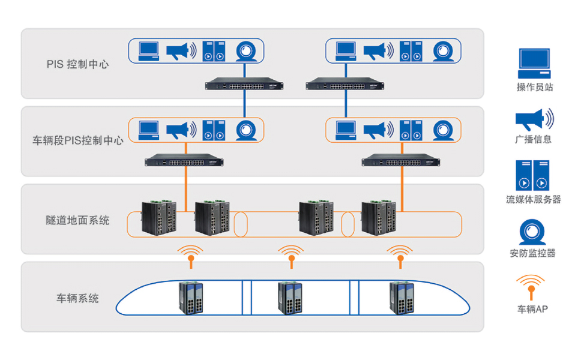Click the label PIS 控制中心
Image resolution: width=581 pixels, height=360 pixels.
tap(78, 64)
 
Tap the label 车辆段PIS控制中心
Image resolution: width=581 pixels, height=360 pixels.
tap(78, 141)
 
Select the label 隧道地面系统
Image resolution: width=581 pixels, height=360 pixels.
tap(78, 220)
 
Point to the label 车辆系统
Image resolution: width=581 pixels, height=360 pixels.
tap(78, 298)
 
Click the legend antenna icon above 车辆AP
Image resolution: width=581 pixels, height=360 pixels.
tap(531, 287)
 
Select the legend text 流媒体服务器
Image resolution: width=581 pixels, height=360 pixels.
tap(533, 199)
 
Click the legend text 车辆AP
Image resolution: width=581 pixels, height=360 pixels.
tap(532, 310)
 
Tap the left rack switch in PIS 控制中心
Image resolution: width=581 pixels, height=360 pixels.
tap(244, 85)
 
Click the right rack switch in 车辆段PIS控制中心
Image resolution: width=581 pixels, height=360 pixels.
tap(401, 161)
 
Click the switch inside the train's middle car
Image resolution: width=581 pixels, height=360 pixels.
tap(290, 298)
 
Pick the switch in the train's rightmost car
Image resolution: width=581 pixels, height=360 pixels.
tap(401, 298)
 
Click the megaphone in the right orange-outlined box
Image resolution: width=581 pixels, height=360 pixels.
tap(382, 130)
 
